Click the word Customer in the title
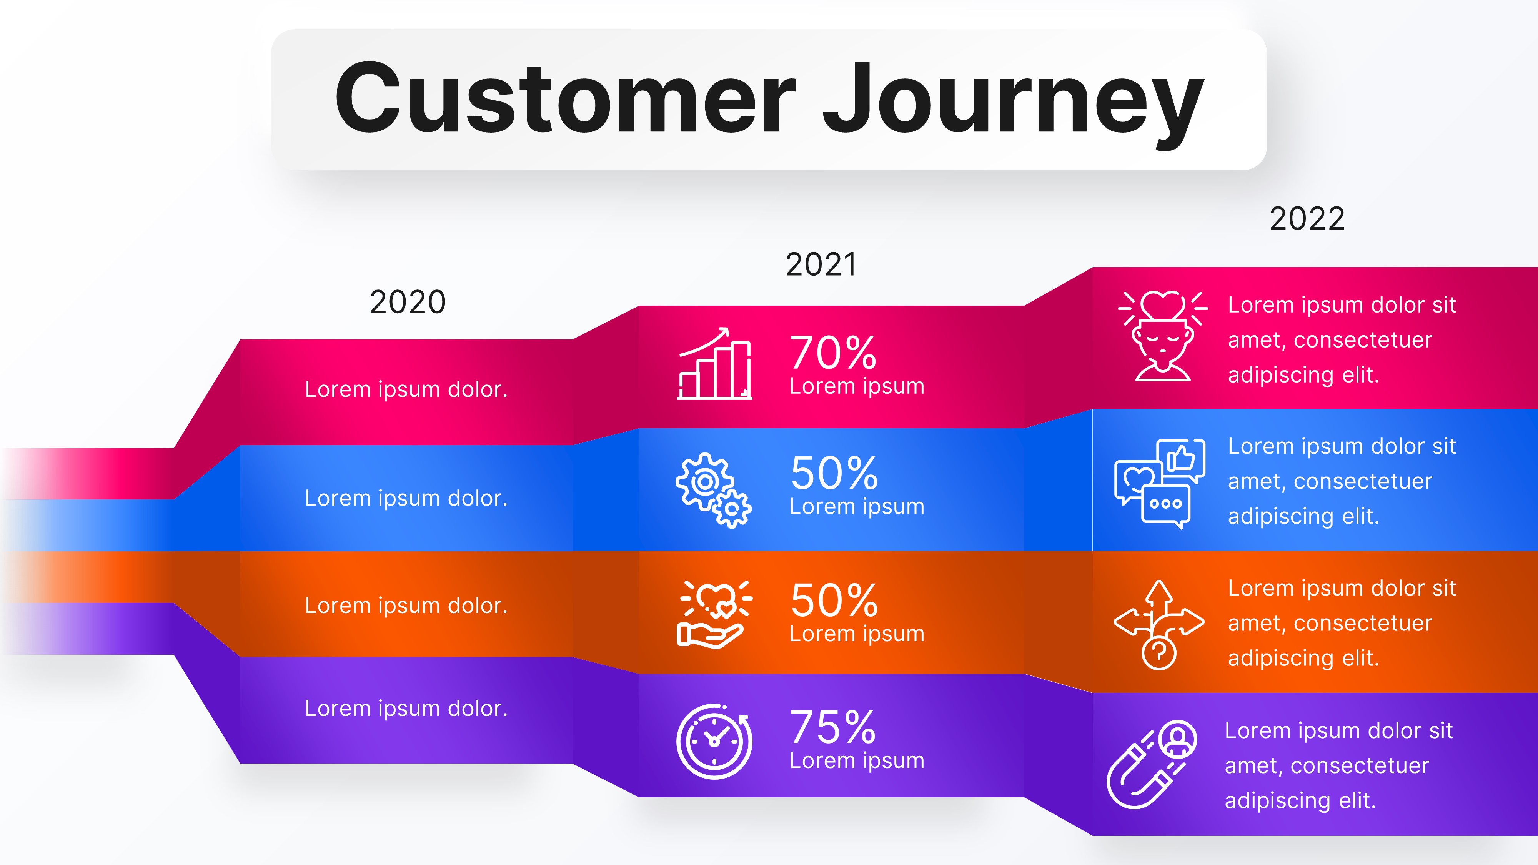(564, 98)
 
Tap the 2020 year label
(408, 302)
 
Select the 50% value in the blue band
(834, 473)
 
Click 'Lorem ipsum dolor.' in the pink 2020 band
(406, 389)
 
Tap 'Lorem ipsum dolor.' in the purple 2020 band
(406, 708)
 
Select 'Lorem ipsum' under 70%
(857, 386)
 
